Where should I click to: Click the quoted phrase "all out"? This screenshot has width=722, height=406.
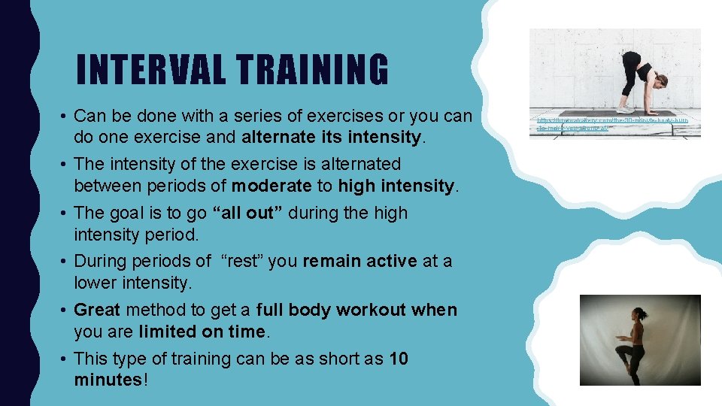[x=247, y=213]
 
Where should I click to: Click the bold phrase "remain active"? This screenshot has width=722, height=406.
[x=359, y=261]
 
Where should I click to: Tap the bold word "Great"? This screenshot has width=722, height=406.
[x=98, y=310]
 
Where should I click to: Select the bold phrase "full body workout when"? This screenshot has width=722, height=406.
[x=356, y=310]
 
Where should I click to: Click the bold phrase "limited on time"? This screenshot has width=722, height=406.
[x=202, y=332]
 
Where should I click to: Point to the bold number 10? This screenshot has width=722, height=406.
[x=399, y=359]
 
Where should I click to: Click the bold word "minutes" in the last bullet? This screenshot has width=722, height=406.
[x=108, y=380]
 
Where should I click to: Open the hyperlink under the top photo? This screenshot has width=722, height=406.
[x=614, y=124]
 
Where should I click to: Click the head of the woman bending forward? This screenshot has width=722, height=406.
[x=661, y=79]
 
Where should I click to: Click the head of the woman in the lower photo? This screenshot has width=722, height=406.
[x=640, y=314]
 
